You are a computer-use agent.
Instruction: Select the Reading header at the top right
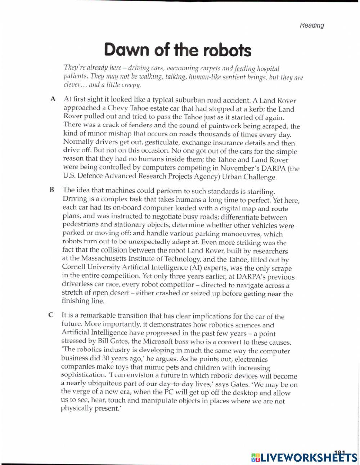point(311,25)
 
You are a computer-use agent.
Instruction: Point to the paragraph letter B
point(51,189)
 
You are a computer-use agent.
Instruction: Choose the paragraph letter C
point(51,314)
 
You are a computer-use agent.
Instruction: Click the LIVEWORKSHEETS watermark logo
point(302,457)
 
